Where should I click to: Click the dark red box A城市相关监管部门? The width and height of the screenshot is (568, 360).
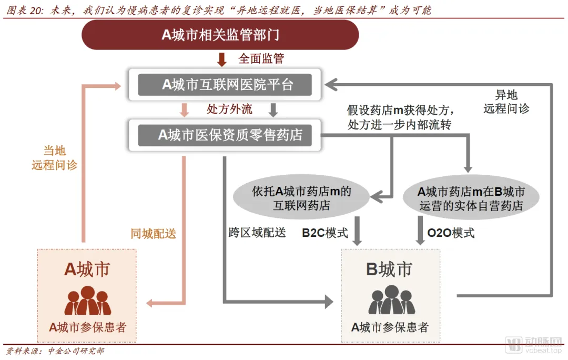coord(220,35)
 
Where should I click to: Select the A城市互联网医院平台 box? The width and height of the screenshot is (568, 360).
coord(225,85)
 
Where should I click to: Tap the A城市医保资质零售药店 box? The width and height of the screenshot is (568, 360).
coord(225,135)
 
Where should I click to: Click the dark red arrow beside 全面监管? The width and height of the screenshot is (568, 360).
coord(222,59)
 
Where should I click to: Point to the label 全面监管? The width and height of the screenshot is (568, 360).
coord(261,58)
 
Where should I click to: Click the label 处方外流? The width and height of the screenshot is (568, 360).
coord(229,109)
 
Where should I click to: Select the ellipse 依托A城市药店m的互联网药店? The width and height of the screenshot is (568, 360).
coord(301,198)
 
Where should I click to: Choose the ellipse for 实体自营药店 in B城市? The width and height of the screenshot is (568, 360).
coord(471,198)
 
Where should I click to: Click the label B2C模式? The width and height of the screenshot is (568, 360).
coord(324,233)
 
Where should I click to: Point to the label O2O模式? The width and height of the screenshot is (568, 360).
coord(451,233)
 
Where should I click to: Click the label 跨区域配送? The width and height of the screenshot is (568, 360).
coord(257,233)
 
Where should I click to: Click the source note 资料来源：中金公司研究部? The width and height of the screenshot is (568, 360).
coord(55,351)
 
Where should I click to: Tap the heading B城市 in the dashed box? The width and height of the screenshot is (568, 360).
coord(389,269)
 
